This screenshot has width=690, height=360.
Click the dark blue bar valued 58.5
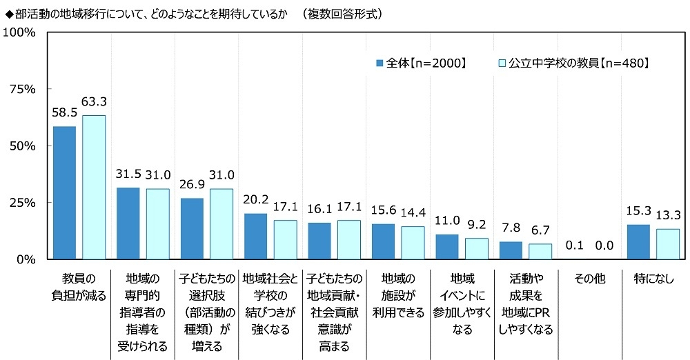click(x=64, y=193)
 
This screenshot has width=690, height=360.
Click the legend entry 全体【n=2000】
click(x=421, y=63)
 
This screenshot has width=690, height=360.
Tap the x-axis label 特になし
click(x=652, y=279)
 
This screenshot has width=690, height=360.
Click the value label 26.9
click(x=191, y=186)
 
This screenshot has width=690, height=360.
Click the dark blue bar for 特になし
click(x=638, y=242)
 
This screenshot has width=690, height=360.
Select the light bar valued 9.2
click(x=476, y=249)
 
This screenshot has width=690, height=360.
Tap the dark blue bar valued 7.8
click(x=511, y=250)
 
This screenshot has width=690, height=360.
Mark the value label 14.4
click(x=413, y=214)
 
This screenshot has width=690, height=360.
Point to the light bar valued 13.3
click(x=668, y=244)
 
